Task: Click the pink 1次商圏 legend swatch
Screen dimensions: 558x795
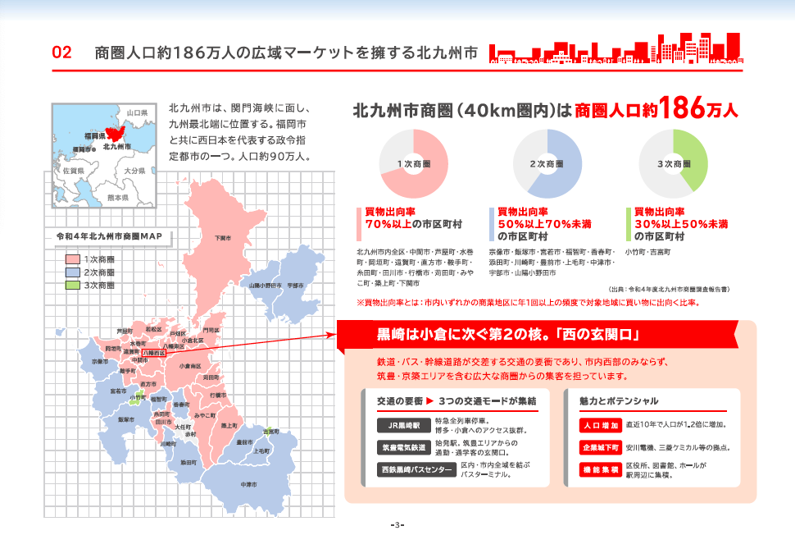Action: (x=72, y=259)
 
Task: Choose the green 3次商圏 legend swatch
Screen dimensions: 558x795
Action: (x=72, y=286)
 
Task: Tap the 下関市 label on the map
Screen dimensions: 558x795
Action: (x=223, y=238)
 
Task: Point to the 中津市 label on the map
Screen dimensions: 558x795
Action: (x=249, y=484)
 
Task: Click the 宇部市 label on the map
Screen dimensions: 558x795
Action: (x=296, y=286)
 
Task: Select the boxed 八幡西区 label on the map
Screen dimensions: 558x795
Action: (x=154, y=353)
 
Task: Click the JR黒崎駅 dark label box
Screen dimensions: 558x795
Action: (x=404, y=426)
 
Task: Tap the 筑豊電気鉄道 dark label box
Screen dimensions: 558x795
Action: (x=404, y=448)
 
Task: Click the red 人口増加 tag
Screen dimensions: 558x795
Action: (x=599, y=426)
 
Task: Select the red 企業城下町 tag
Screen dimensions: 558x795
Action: (x=599, y=448)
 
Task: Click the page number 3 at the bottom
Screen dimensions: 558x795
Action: (x=397, y=524)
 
